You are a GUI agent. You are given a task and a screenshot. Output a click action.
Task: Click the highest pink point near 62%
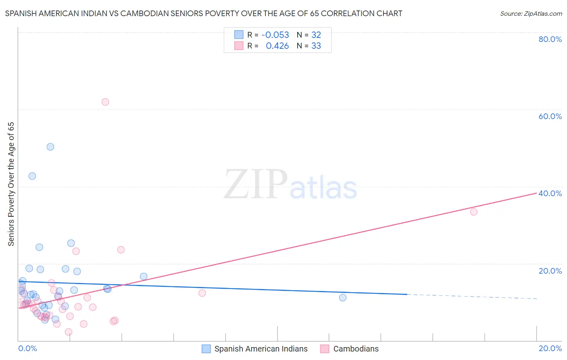tap(105, 102)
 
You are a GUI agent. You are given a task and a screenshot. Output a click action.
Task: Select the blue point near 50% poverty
tap(50, 147)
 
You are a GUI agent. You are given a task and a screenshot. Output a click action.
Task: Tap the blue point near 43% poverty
tap(32, 176)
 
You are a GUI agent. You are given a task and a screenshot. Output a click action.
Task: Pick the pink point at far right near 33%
tap(474, 212)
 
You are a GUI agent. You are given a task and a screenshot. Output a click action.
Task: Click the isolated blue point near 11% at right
tap(343, 297)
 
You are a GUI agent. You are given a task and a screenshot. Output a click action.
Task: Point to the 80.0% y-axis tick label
tap(550, 39)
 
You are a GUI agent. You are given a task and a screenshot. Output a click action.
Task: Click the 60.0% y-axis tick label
tap(550, 116)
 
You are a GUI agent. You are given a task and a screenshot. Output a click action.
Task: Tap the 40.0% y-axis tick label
tap(550, 193)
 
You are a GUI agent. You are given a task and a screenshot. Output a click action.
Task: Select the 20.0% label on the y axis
tap(550, 271)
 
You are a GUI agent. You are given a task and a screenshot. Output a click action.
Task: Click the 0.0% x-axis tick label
tap(27, 348)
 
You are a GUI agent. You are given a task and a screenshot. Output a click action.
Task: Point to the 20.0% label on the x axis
tap(550, 348)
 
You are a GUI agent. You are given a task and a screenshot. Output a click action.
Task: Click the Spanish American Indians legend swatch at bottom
tap(206, 349)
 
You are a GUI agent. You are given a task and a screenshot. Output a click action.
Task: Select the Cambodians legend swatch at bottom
tap(325, 349)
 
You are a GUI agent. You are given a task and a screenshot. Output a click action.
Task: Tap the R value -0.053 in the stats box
tap(275, 35)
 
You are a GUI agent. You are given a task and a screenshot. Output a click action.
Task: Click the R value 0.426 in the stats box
tap(277, 46)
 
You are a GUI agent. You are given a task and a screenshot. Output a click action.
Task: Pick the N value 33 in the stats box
tap(316, 46)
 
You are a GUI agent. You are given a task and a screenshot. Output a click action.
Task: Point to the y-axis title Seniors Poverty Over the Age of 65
tap(11, 184)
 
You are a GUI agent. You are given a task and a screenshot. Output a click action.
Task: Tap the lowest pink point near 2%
tap(69, 332)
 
